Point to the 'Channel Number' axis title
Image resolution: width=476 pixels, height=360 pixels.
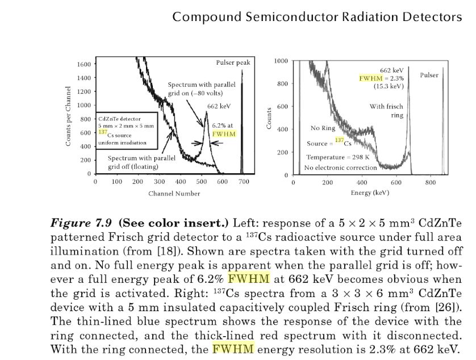tap(174, 194)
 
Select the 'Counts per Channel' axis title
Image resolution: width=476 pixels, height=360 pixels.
tap(68, 116)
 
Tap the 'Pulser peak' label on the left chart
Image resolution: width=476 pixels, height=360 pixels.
tap(233, 62)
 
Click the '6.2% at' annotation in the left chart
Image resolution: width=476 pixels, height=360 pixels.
tap(223, 124)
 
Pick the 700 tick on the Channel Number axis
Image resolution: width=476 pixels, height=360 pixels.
tap(244, 182)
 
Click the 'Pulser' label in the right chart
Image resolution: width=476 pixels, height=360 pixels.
tap(429, 75)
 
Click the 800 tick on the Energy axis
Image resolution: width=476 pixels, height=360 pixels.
tap(431, 182)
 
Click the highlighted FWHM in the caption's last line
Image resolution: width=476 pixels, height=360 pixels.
tap(234, 349)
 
